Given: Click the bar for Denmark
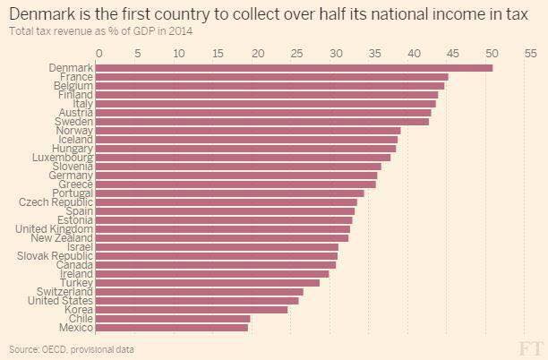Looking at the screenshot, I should point(294,68).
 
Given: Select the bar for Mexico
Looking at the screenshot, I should point(171,328).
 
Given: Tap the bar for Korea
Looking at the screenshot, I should point(191,310).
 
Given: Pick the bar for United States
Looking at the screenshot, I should point(196,301).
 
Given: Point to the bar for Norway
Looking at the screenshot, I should point(247,131).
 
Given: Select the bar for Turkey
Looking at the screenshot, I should point(207,283).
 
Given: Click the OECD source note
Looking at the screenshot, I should point(72,348).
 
